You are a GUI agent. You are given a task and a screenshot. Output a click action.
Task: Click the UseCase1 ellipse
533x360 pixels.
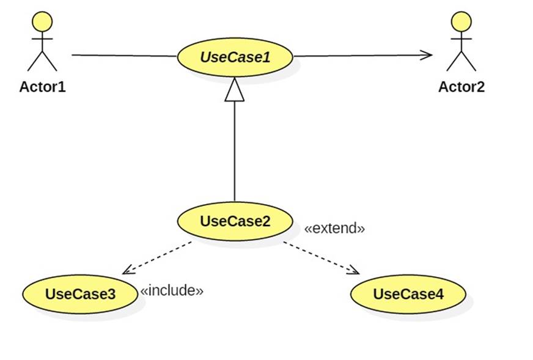coord(235,57)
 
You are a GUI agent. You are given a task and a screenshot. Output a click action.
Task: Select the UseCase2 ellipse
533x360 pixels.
coord(235,221)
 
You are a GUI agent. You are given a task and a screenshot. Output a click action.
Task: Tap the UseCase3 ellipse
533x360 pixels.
coord(80,294)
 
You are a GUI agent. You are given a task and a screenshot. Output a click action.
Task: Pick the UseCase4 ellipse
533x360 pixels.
coord(408,294)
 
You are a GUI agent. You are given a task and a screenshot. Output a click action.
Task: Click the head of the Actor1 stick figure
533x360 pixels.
coord(42,22)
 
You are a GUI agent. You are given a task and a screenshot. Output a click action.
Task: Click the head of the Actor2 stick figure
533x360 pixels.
coord(461,22)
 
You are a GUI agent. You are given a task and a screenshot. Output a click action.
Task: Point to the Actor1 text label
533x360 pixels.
coord(42,87)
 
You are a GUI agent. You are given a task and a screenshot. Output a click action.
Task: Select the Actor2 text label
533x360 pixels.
coord(461,87)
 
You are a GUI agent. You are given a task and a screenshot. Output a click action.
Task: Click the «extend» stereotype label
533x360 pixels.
coord(334,228)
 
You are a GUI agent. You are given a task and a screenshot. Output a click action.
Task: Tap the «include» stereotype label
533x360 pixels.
coord(172,290)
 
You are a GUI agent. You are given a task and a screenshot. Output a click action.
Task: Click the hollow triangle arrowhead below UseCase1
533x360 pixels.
coord(235,89)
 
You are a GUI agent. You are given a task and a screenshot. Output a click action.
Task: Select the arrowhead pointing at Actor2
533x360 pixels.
coord(426,55)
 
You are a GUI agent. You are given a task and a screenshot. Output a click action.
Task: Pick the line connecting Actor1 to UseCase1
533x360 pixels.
coord(125,56)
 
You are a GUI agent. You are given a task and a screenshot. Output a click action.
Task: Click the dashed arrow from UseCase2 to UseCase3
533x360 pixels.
coord(157,258)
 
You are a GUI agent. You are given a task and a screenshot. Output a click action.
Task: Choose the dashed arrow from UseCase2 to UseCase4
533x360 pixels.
coord(322,258)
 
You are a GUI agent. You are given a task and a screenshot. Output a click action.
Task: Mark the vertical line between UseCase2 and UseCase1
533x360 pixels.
coord(235,152)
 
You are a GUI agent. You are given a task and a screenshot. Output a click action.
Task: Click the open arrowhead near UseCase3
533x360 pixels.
coord(128,270)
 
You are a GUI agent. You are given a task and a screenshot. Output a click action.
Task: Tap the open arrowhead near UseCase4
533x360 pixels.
coord(353,270)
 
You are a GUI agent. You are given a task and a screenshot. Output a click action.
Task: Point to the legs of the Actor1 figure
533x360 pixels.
coord(42,61)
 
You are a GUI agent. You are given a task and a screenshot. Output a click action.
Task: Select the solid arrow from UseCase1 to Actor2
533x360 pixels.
coord(363,56)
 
